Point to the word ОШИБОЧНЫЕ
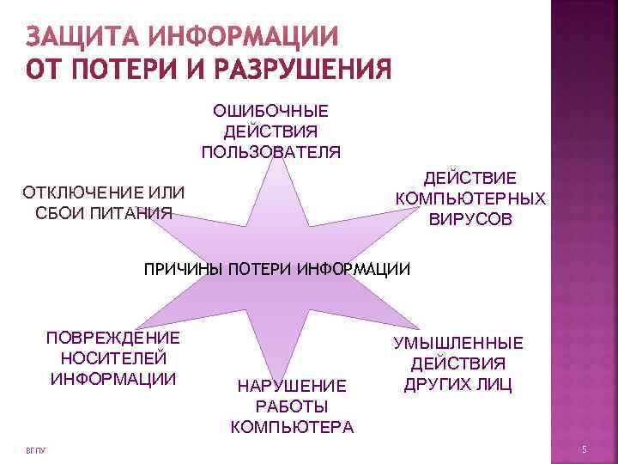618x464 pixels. click(270, 112)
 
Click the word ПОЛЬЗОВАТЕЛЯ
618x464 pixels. click(270, 153)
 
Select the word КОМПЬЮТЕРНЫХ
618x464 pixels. click(470, 198)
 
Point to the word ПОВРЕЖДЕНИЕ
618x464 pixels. click(112, 338)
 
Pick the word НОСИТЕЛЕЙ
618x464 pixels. click(113, 358)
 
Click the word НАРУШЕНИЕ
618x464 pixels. click(292, 387)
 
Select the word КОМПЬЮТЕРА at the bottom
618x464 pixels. click(292, 427)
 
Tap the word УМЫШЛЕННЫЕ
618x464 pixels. click(458, 344)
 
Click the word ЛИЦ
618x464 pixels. click(496, 384)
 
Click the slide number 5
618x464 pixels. click(584, 450)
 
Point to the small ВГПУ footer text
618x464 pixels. click(35, 451)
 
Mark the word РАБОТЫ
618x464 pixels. click(292, 406)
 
